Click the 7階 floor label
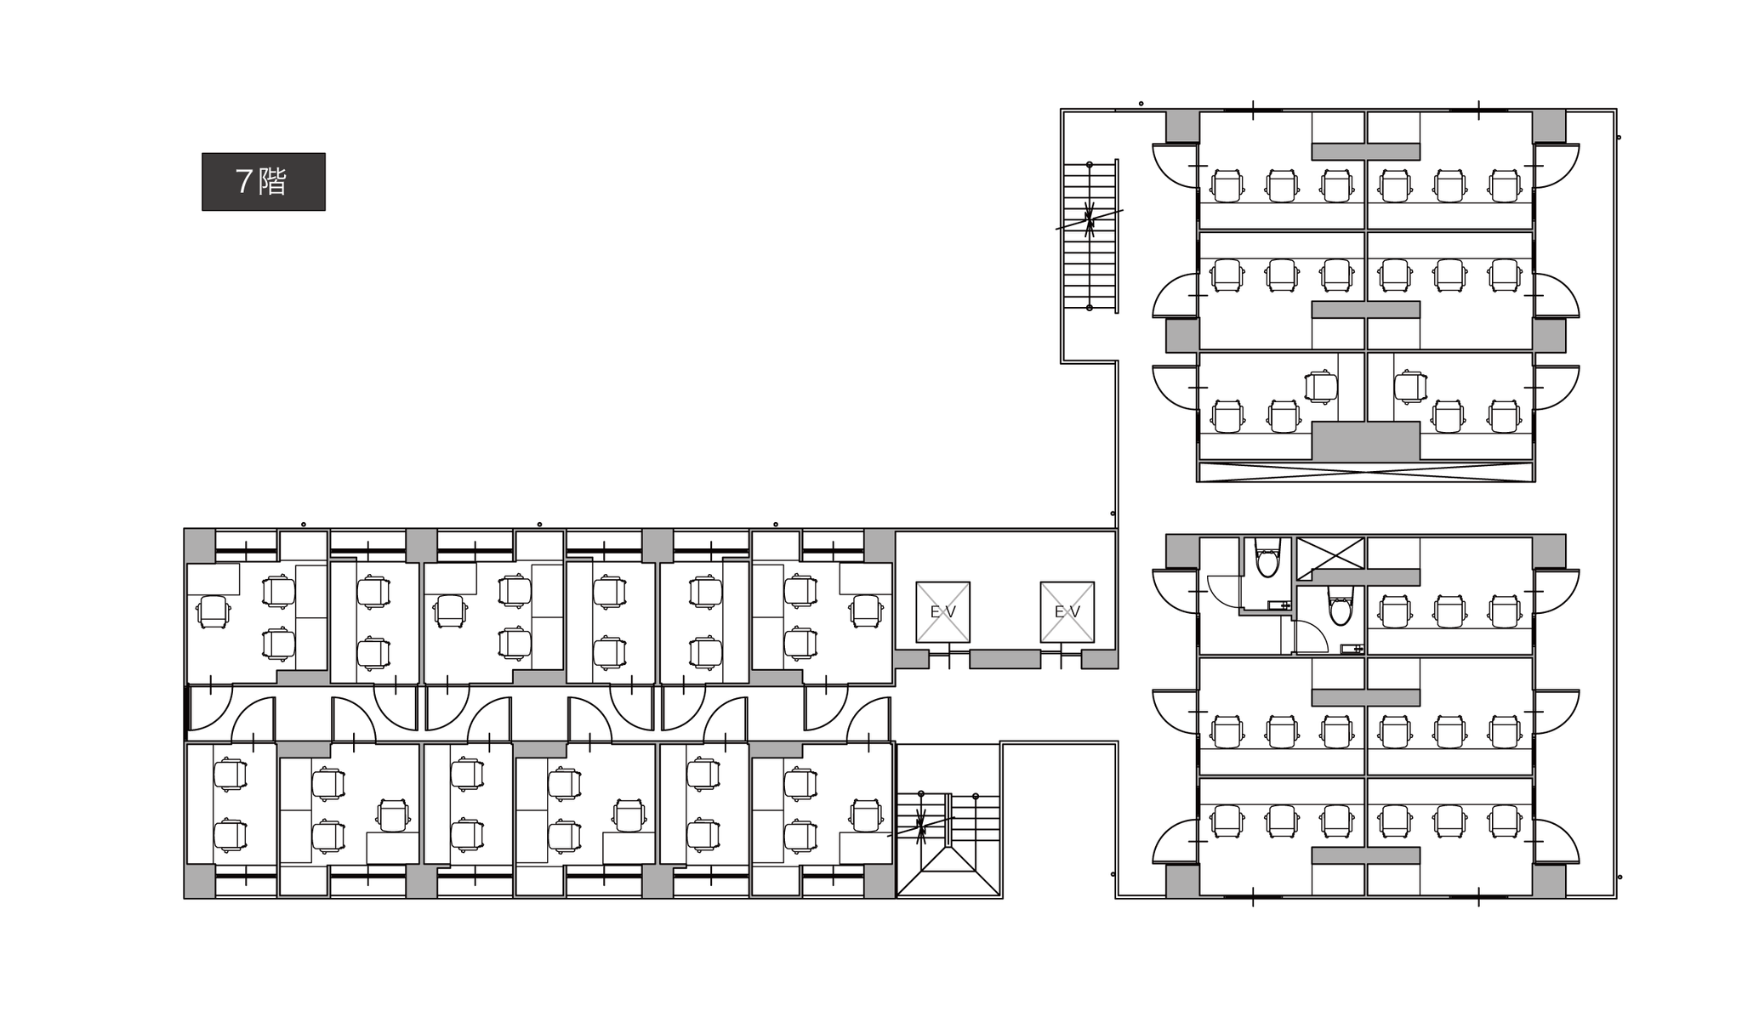pyautogui.click(x=263, y=182)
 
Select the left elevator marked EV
pyautogui.click(x=942, y=611)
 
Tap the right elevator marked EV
pyautogui.click(x=1067, y=611)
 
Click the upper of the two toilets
pyautogui.click(x=1267, y=561)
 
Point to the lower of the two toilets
pyautogui.click(x=1341, y=609)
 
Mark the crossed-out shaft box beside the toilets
pyautogui.click(x=1329, y=554)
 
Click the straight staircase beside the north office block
pyautogui.click(x=1090, y=236)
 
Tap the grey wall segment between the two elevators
pyautogui.click(x=1005, y=659)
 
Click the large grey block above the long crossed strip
pyautogui.click(x=1365, y=441)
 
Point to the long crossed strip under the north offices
pyautogui.click(x=1365, y=472)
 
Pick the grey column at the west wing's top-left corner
pyautogui.click(x=200, y=545)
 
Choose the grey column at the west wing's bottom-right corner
pyautogui.click(x=880, y=881)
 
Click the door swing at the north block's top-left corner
pyautogui.click(x=1176, y=166)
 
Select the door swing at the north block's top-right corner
pyautogui.click(x=1556, y=166)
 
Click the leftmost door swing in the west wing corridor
pyautogui.click(x=209, y=707)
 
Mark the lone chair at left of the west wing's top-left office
pyautogui.click(x=213, y=611)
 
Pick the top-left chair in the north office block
pyautogui.click(x=1226, y=185)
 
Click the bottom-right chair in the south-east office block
pyautogui.click(x=1504, y=821)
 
